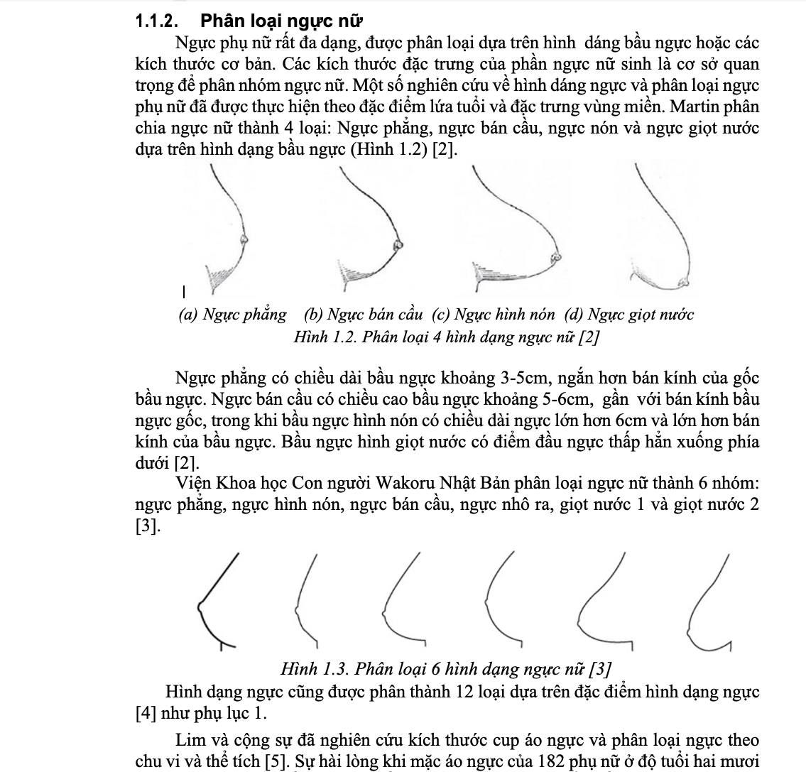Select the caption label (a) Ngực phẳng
click(234, 314)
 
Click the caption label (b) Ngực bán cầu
click(364, 314)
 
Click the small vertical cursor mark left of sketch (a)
click(183, 290)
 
